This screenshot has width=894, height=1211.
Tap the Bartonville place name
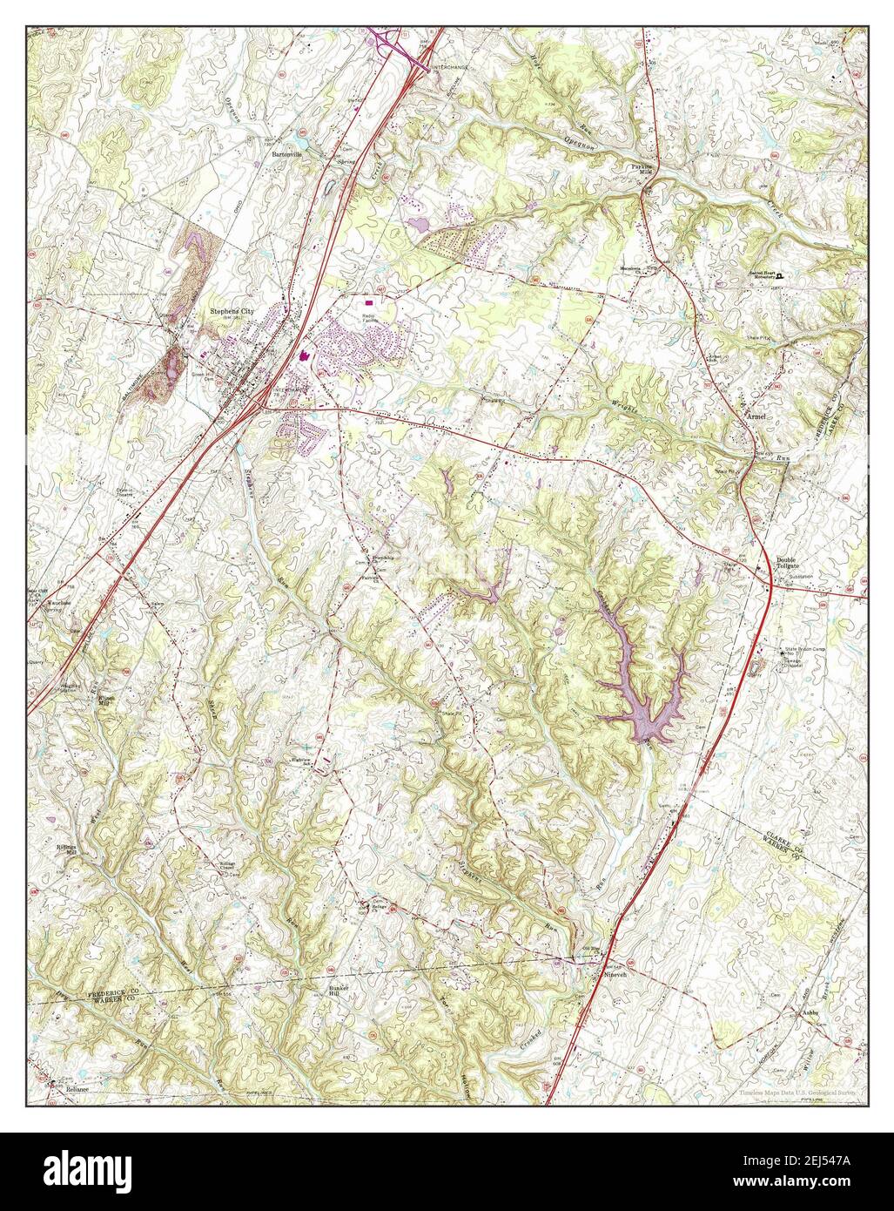pos(288,154)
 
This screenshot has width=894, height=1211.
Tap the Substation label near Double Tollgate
pos(800,577)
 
